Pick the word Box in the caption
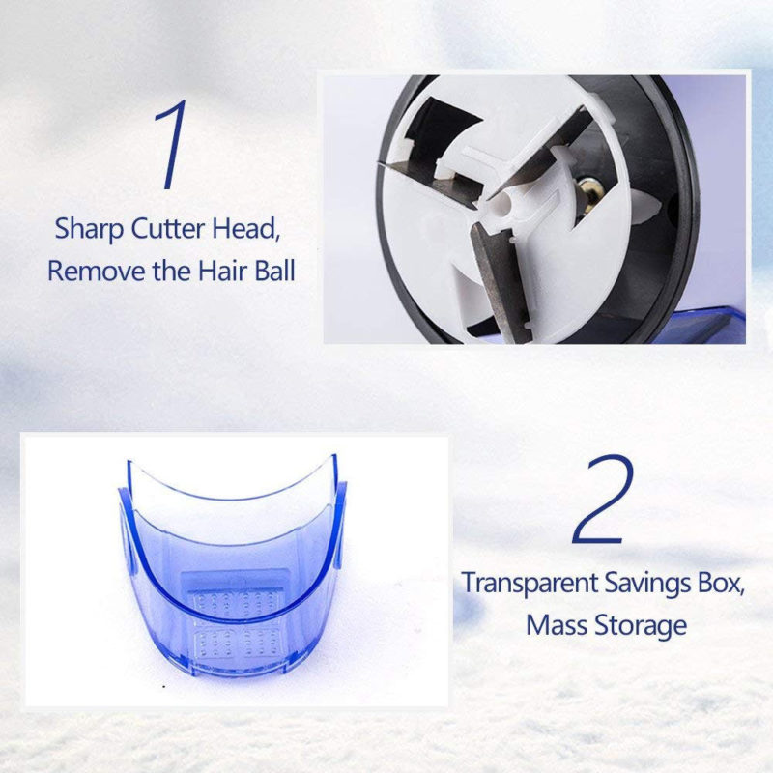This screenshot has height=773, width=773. pos(719,584)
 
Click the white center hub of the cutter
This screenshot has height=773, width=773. pos(509,207)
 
